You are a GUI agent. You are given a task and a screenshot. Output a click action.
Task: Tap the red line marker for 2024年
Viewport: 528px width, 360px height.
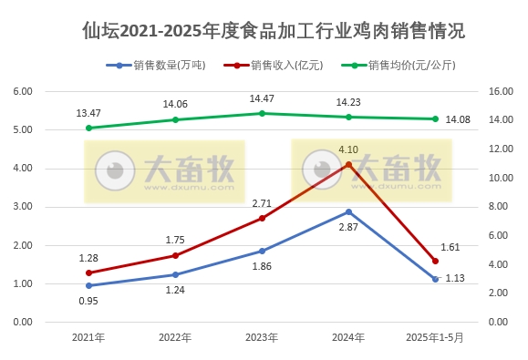[348, 164]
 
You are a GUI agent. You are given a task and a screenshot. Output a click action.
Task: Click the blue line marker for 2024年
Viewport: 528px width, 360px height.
[348, 211]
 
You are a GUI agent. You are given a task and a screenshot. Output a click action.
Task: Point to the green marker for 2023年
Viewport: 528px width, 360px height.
[262, 113]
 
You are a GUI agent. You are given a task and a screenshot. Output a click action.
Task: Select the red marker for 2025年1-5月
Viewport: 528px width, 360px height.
[435, 261]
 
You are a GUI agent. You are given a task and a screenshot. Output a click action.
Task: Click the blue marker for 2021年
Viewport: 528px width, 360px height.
[88, 285]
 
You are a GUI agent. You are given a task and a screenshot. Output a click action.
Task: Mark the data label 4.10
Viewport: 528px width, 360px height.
[348, 149]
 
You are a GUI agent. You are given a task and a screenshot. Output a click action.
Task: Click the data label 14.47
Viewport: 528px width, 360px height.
[262, 98]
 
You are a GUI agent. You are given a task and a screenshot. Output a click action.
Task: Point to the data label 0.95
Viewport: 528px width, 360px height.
[88, 301]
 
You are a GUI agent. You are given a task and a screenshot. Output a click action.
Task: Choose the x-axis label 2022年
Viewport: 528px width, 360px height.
[175, 337]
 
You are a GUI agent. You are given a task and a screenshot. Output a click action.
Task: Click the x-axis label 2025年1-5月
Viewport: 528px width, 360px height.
[435, 337]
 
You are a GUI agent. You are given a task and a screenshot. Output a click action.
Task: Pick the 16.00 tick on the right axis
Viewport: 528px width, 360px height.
[502, 91]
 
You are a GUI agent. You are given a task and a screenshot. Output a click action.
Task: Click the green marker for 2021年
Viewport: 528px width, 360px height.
[88, 128]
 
